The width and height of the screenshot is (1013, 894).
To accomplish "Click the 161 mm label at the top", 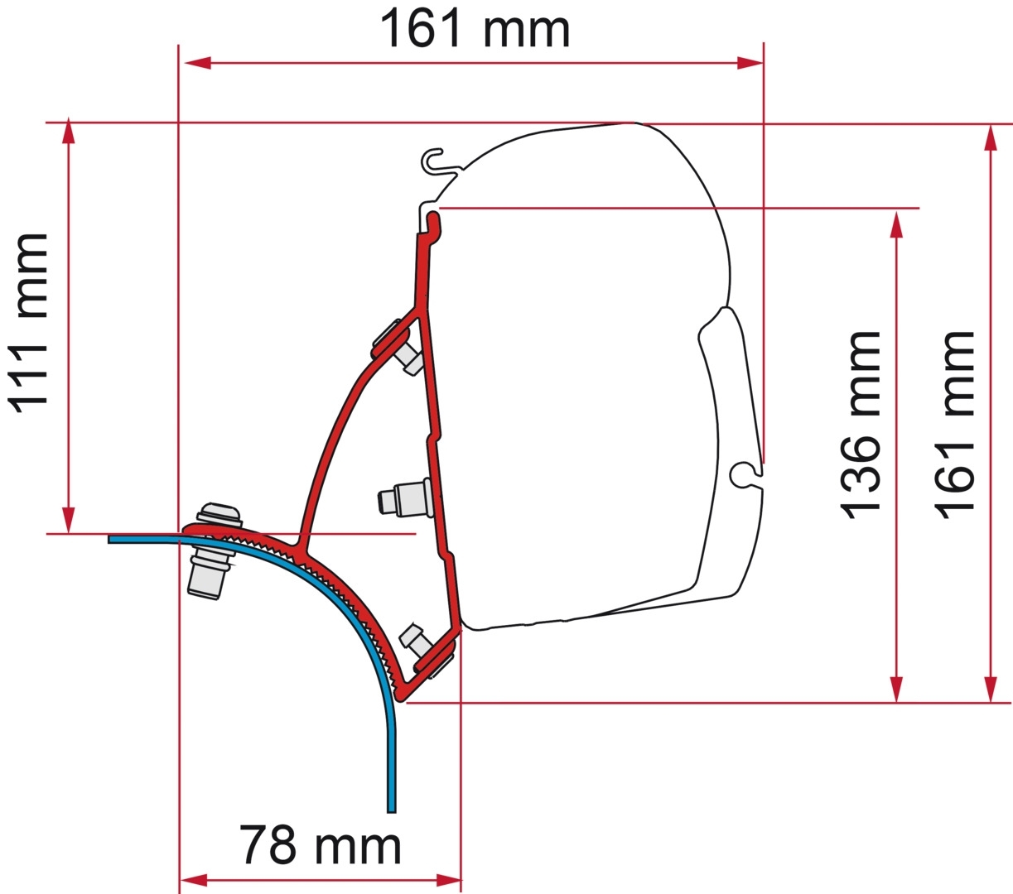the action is [475, 30].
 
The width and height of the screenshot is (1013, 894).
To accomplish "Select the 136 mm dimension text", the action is [861, 425].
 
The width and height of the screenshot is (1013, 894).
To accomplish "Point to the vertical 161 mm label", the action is [956, 425].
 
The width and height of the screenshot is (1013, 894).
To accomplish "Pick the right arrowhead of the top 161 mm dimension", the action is [750, 63].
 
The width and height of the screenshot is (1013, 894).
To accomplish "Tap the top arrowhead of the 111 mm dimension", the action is [69, 132].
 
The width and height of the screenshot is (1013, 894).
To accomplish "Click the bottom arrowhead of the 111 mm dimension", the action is [69, 520].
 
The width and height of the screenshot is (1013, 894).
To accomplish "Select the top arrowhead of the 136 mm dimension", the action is [896, 224].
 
